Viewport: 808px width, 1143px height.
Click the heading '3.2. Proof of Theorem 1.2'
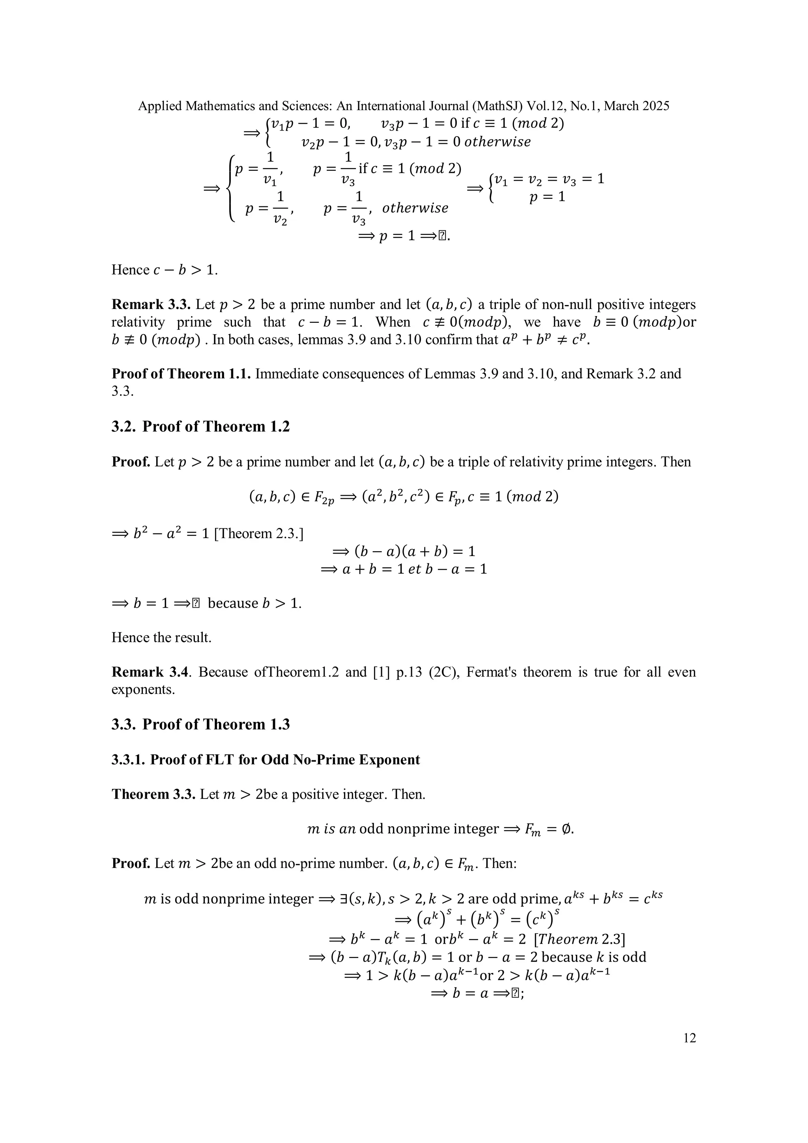pos(201,427)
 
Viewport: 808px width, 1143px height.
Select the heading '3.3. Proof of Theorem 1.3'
pos(201,724)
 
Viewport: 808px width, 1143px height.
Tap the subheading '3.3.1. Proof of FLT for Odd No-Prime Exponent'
pos(266,760)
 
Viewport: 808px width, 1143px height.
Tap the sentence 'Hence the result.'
pos(161,637)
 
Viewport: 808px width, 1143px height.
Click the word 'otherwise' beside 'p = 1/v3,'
pos(415,208)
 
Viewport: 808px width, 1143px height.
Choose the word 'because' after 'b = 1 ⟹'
pos(232,603)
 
